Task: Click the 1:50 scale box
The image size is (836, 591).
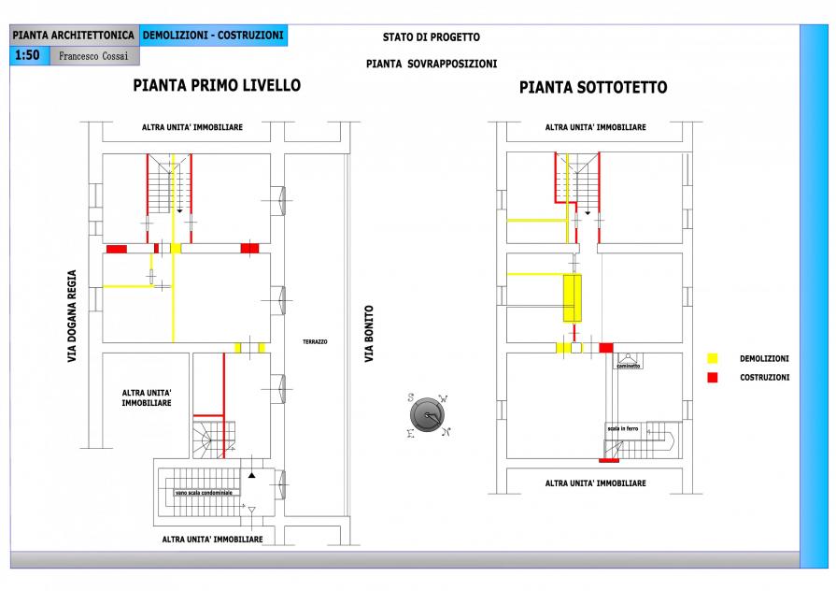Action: click(x=28, y=55)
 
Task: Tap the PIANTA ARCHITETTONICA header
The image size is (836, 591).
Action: click(x=74, y=36)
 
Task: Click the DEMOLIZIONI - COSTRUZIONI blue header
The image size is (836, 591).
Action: click(x=213, y=36)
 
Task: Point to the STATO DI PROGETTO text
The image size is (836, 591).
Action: click(x=431, y=37)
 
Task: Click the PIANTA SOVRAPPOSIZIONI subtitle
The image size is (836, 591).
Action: click(x=432, y=65)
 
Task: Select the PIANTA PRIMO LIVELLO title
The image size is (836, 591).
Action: click(x=217, y=86)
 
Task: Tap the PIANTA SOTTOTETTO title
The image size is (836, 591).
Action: click(x=593, y=88)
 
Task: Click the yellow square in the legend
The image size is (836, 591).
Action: click(x=713, y=358)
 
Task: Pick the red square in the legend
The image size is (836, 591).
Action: click(x=713, y=377)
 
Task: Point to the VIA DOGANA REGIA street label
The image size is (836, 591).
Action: click(x=72, y=316)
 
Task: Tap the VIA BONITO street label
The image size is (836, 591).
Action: click(x=369, y=334)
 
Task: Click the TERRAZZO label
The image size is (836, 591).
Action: click(x=315, y=342)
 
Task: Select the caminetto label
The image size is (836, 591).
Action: click(x=628, y=366)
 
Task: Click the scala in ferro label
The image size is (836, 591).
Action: click(x=622, y=428)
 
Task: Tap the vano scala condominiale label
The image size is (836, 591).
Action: click(x=202, y=492)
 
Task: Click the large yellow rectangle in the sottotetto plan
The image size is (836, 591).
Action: click(x=572, y=298)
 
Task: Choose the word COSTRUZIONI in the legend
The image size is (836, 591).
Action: click(x=764, y=378)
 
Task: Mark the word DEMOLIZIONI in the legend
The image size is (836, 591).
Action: click(x=764, y=359)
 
